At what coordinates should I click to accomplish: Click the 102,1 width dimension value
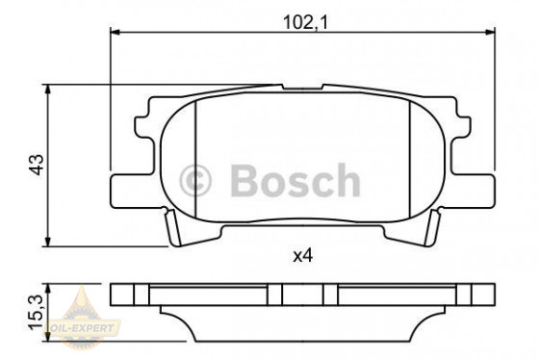(x=304, y=17)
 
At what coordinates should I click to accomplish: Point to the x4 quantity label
(x=304, y=256)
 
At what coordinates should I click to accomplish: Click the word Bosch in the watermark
(x=294, y=181)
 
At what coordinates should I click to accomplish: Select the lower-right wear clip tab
(x=434, y=229)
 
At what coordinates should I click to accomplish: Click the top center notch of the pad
(x=304, y=97)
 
